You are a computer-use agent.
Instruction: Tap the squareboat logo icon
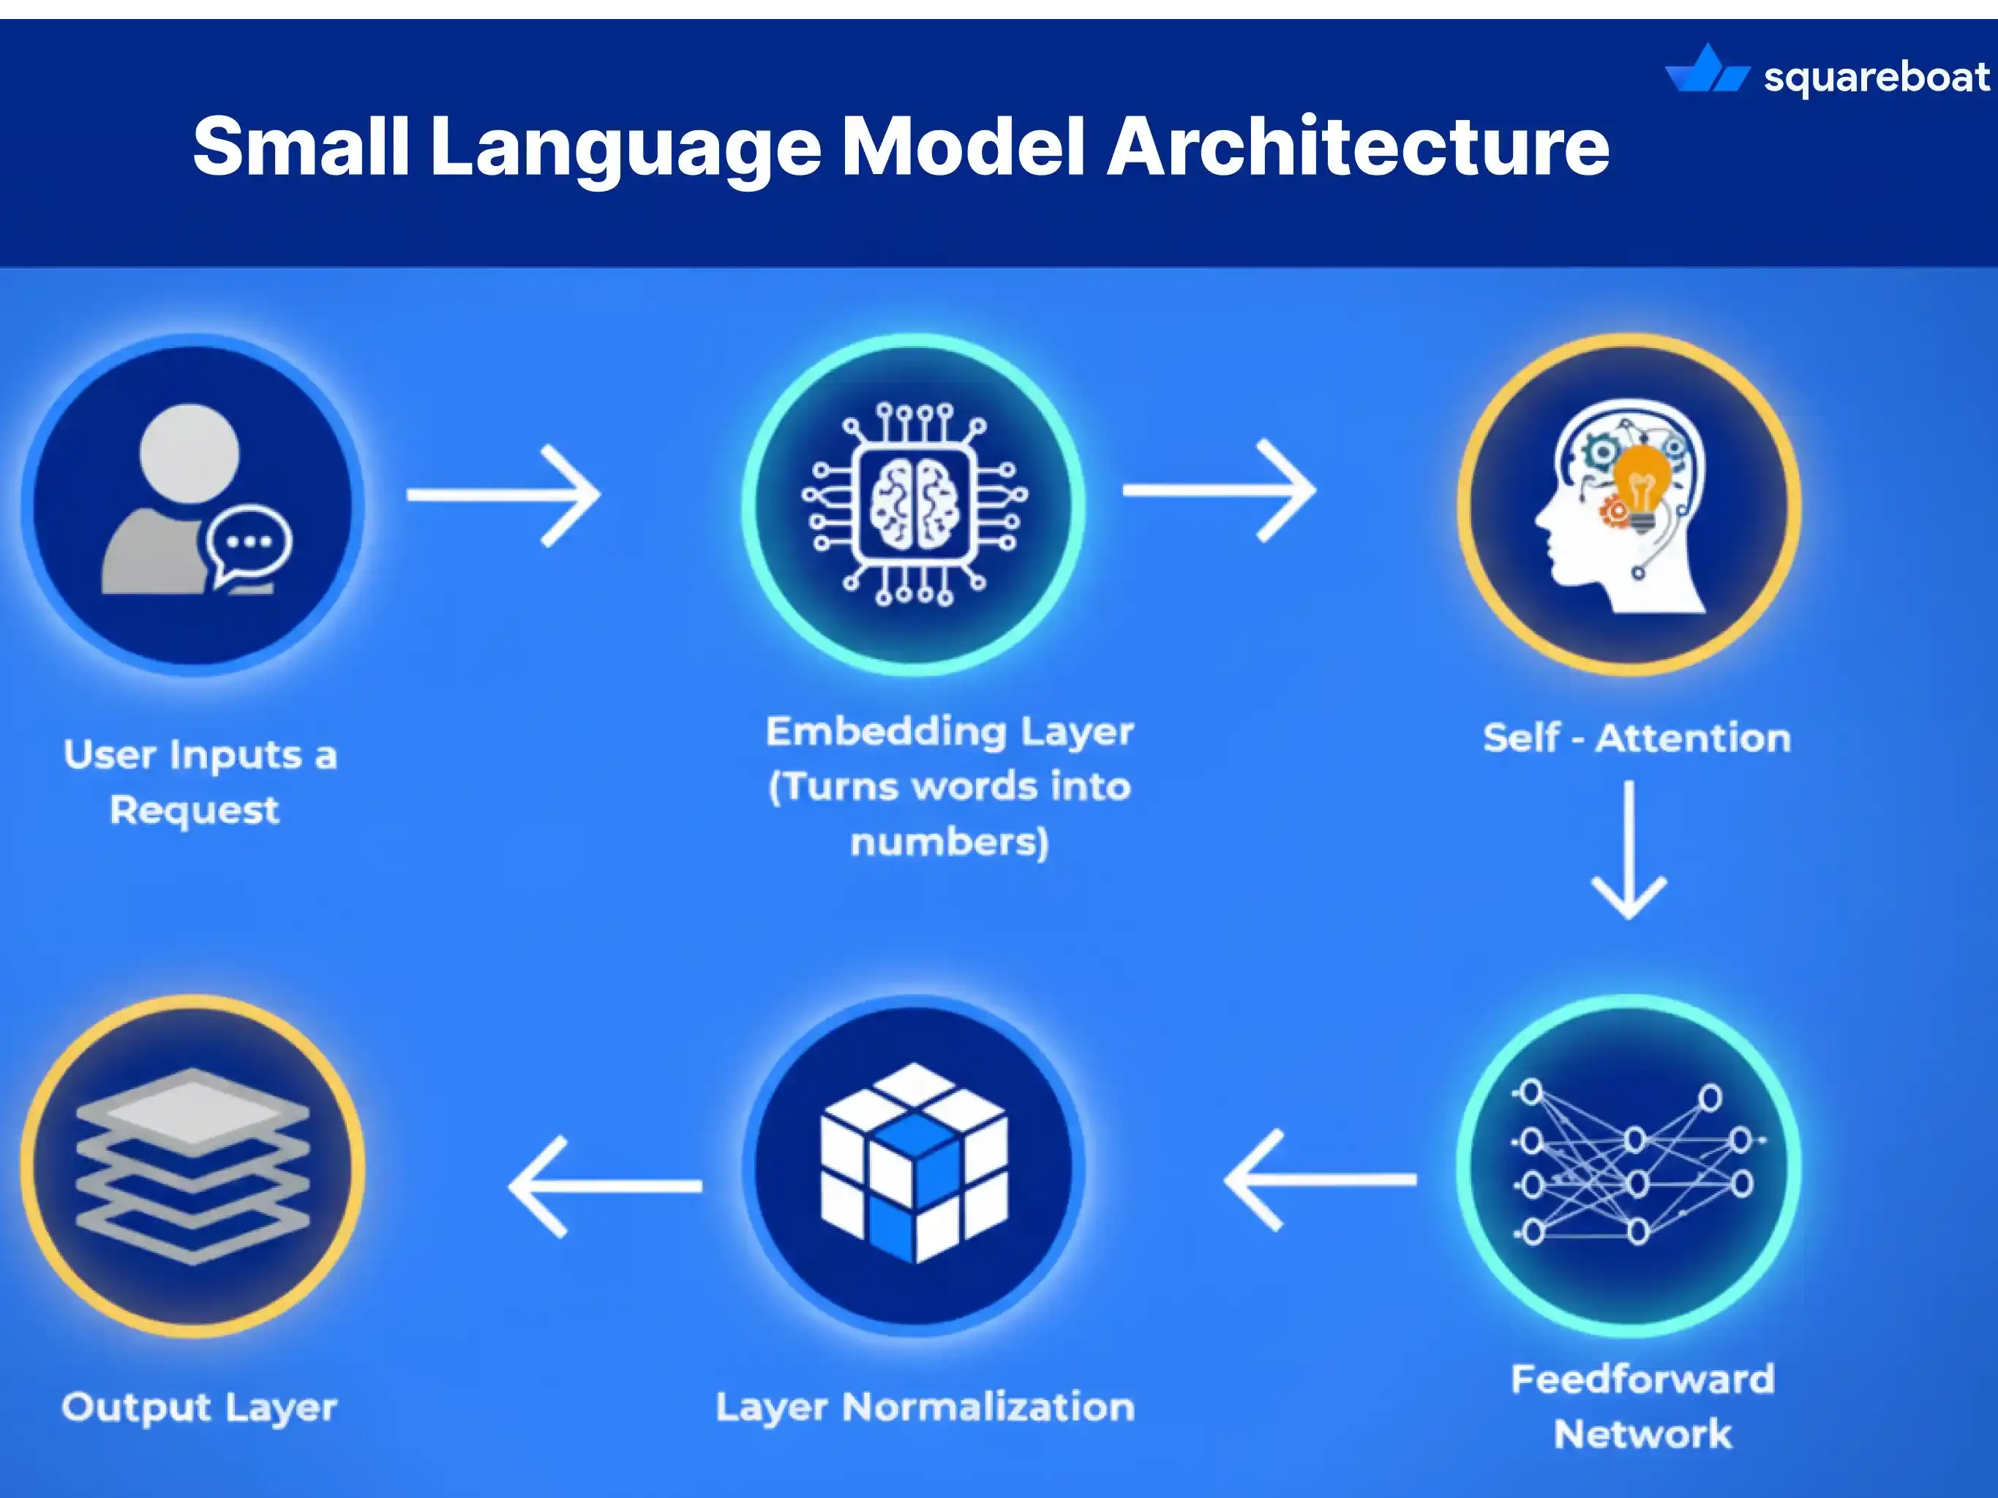coord(1706,70)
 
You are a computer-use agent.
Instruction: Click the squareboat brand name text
coord(1876,78)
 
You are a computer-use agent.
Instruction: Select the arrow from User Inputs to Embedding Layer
coord(503,494)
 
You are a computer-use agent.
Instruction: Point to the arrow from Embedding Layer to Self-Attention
coord(1219,490)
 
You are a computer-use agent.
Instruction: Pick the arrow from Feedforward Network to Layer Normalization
coord(1321,1179)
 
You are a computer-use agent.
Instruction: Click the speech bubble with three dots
coord(249,543)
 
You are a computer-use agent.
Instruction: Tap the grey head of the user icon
coord(189,453)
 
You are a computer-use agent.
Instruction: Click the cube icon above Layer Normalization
coord(913,1162)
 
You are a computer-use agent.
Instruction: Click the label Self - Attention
coord(1637,739)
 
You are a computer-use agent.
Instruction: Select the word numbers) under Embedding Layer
coord(950,843)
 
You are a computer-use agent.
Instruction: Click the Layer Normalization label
coord(925,1407)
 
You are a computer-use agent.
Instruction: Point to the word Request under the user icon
coord(194,810)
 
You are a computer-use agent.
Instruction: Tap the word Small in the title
coord(301,146)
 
